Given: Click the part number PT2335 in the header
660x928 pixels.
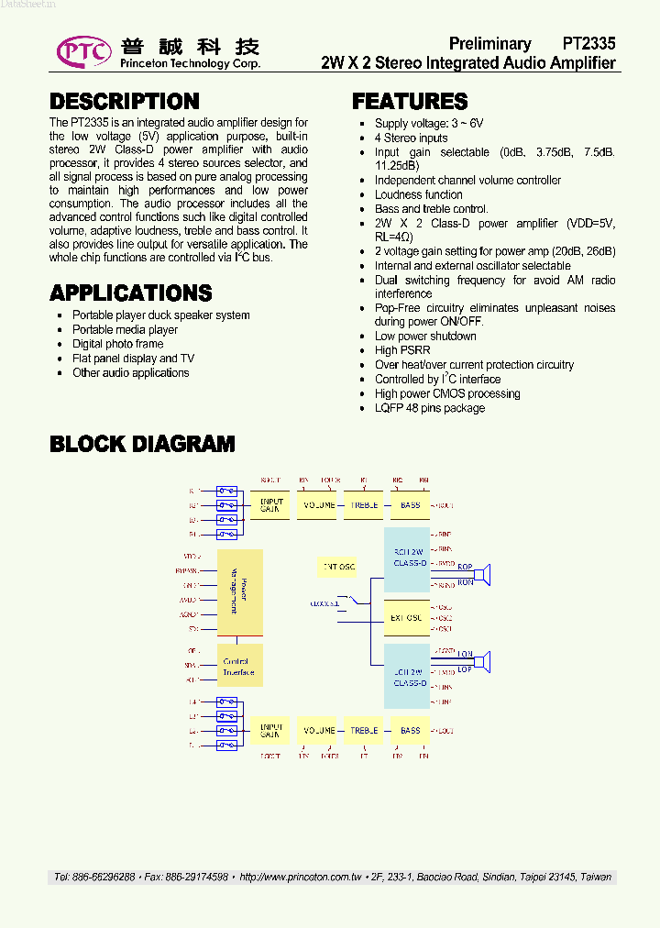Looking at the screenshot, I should (x=588, y=43).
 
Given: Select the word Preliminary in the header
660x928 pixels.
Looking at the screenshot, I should (x=490, y=43).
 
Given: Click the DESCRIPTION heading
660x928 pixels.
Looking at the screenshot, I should (x=125, y=101).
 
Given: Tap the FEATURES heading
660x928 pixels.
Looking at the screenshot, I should (x=410, y=101).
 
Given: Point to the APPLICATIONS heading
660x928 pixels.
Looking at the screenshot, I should (x=131, y=293).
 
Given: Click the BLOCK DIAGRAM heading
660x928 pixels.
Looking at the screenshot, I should (x=142, y=444).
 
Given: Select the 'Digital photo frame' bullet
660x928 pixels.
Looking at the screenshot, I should (x=118, y=344).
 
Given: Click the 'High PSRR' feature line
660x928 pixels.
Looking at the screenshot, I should (x=399, y=350).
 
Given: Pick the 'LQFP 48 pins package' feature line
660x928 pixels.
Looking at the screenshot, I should (x=430, y=408).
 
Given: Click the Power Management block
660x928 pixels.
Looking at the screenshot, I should (x=239, y=592).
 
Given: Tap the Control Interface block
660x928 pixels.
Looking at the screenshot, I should (x=239, y=667).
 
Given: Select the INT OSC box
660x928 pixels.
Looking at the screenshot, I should (x=338, y=567).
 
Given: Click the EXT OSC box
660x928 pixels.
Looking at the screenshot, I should (x=406, y=617).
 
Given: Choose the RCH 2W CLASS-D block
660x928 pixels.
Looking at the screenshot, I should (x=406, y=558).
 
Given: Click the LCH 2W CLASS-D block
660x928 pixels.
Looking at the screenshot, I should (x=406, y=677).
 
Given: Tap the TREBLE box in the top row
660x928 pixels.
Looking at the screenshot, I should (x=364, y=505).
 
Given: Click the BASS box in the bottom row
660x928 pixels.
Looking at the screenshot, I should (x=410, y=731).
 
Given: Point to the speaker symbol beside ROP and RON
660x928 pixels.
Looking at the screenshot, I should (x=489, y=574).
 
